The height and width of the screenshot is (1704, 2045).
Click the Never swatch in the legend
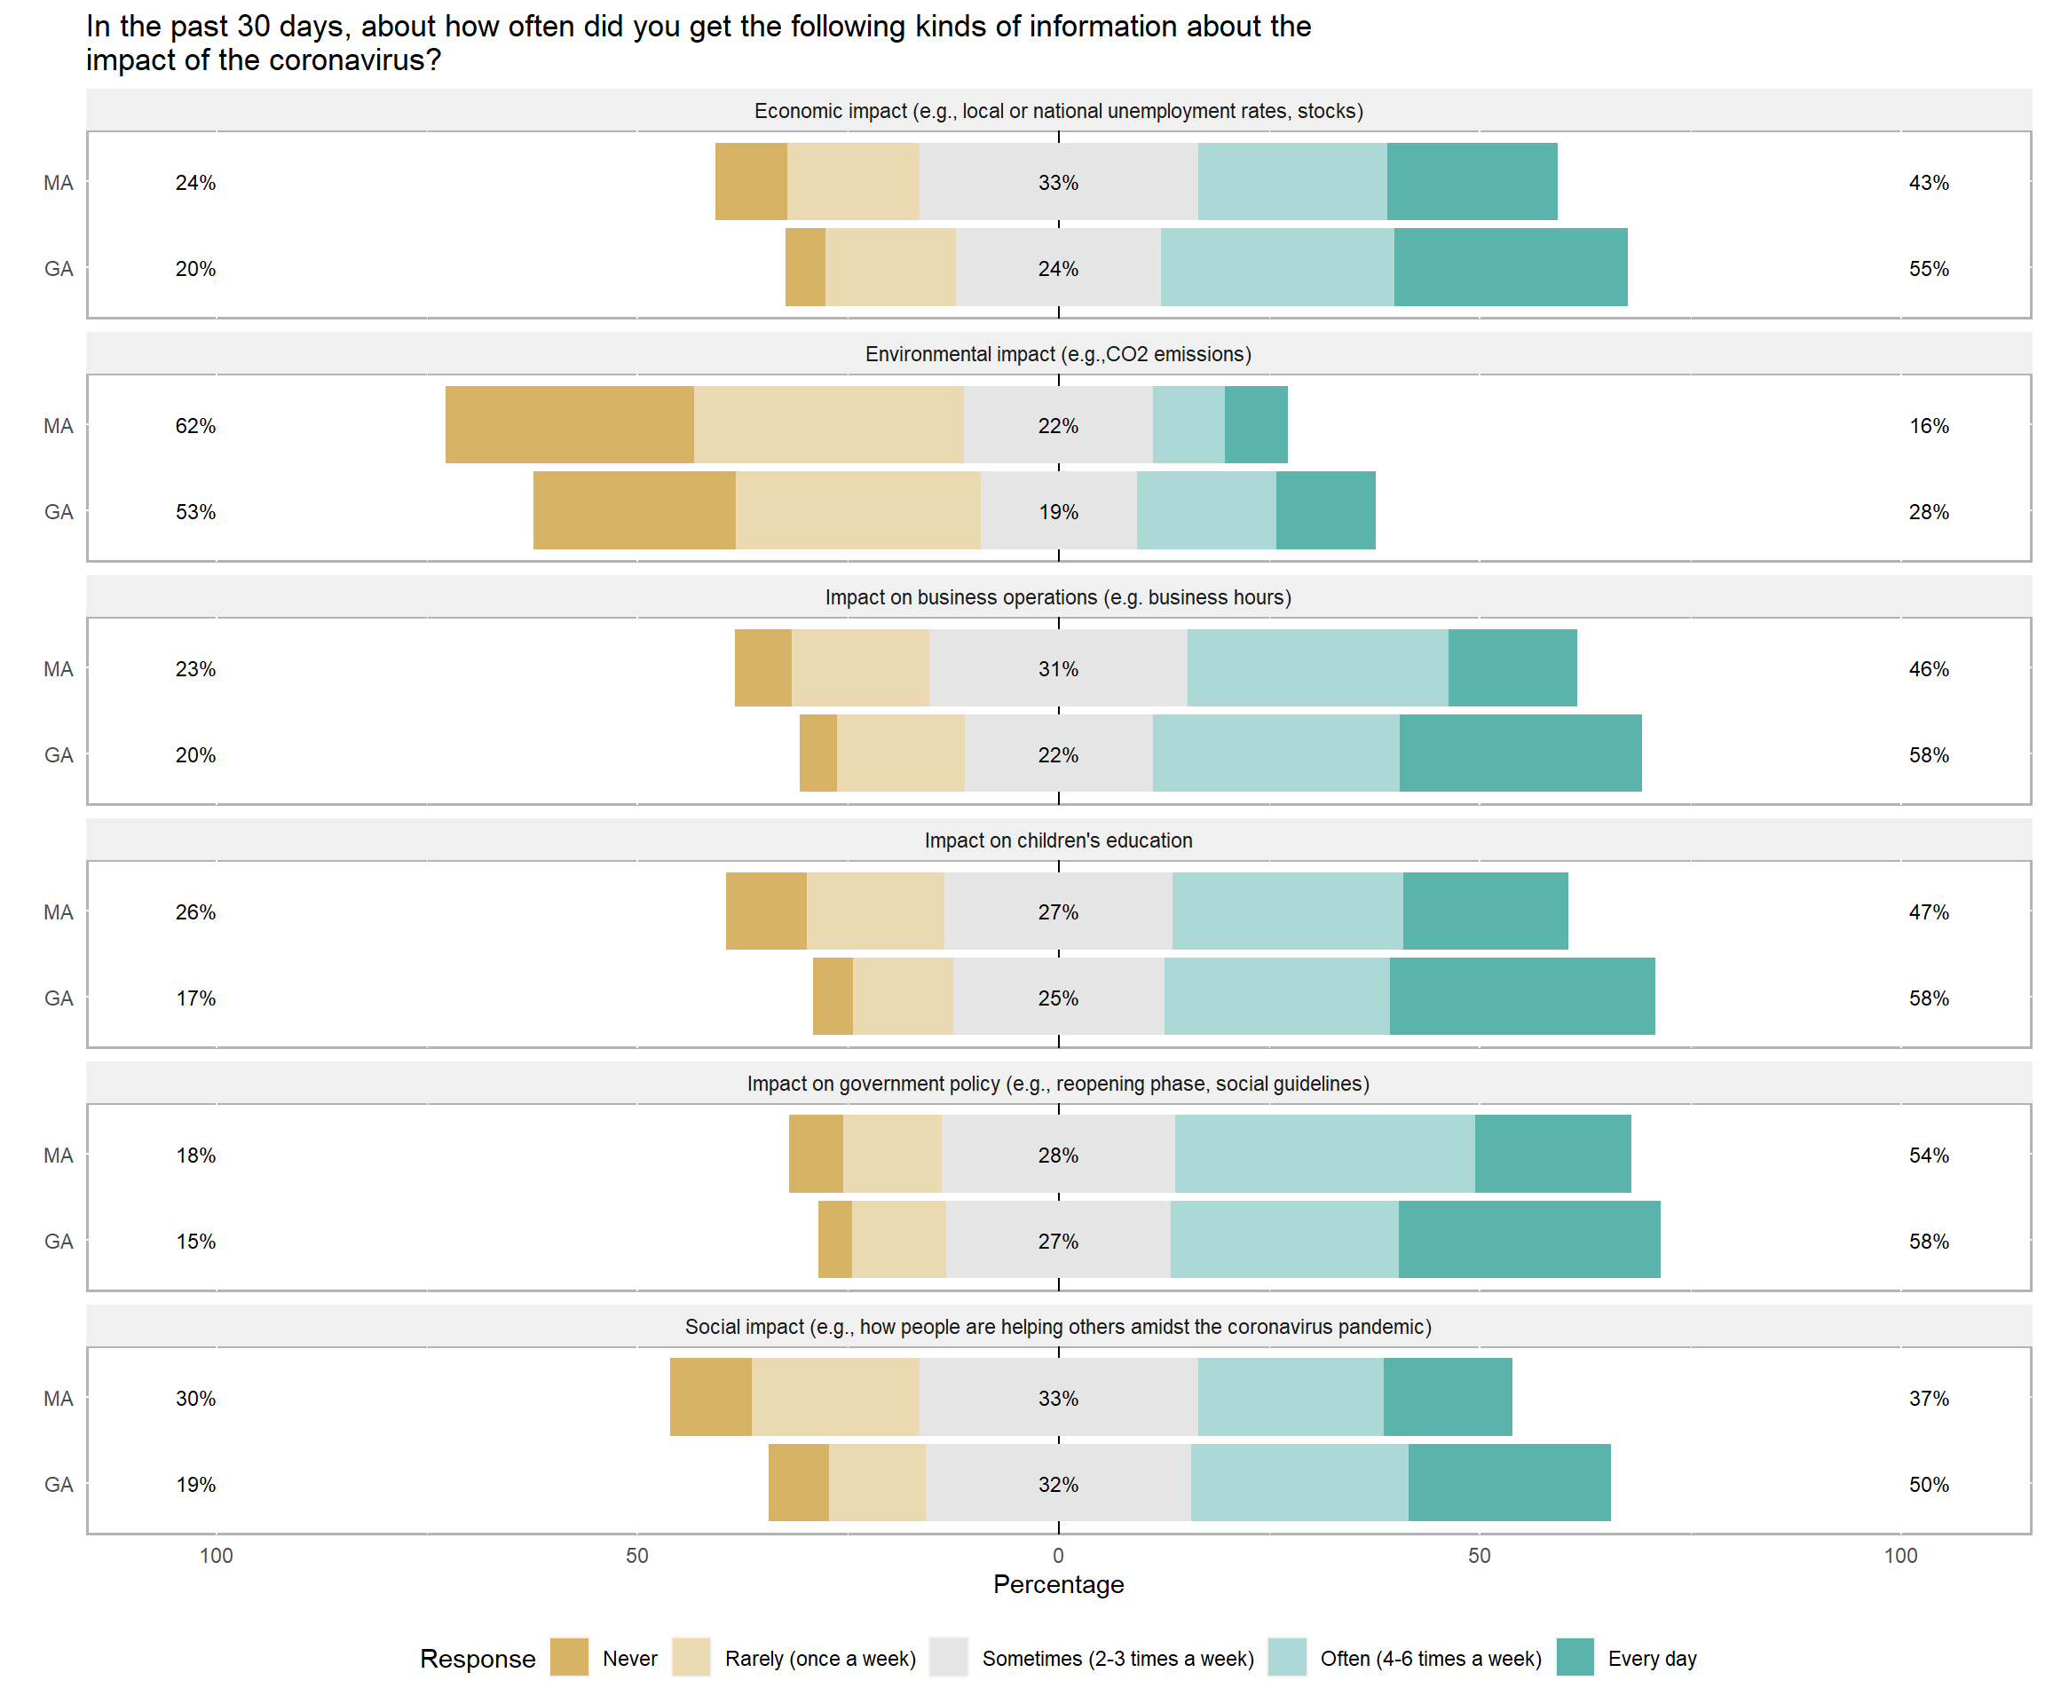click(569, 1657)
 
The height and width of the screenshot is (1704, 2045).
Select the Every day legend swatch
click(1575, 1657)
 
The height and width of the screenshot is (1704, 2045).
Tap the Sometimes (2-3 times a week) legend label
click(1117, 1658)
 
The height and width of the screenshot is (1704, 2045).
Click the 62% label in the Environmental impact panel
click(196, 425)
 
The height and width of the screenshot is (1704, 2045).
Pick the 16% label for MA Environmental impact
click(1928, 425)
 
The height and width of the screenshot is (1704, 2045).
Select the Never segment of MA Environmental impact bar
click(570, 424)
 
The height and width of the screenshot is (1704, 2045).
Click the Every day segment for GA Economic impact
click(1511, 267)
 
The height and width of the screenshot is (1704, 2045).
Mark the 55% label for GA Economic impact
click(1928, 269)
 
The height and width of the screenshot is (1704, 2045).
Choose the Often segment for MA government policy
click(1324, 1154)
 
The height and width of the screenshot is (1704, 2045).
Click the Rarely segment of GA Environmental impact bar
click(858, 510)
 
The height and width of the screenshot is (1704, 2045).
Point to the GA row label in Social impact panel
click(59, 1484)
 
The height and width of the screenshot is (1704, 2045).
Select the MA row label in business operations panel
click(59, 669)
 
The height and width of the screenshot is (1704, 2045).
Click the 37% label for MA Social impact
click(1928, 1398)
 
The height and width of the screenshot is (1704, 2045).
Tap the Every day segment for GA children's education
click(1521, 996)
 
